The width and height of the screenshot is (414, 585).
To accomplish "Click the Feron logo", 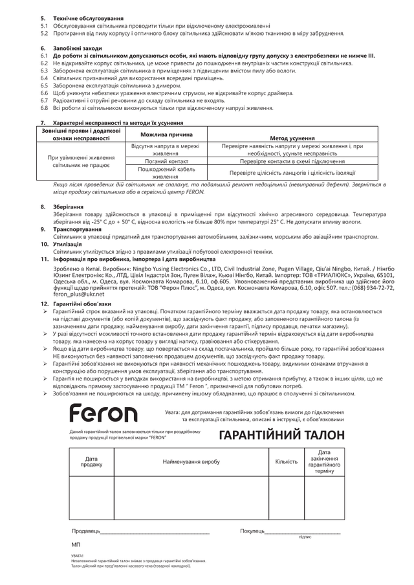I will pos(103,411).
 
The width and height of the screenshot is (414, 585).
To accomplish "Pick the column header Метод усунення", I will pos(292,138).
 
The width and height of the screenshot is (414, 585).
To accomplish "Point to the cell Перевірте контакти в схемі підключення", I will pos(292,161).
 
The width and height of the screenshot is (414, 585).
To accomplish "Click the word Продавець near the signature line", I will pos(85,531).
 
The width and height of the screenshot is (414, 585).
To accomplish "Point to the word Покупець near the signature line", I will pos(252,531).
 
